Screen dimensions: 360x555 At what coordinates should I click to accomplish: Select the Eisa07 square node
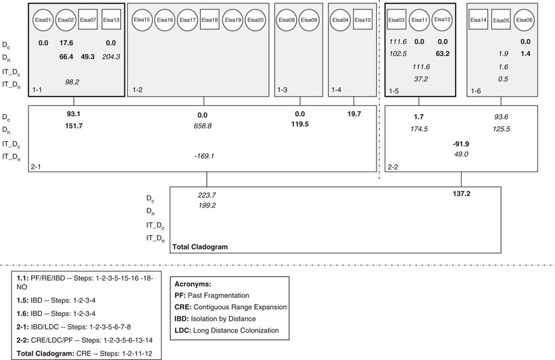89,20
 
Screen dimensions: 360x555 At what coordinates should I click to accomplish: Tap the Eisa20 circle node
256,20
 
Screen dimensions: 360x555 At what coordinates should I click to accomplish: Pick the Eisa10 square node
363,20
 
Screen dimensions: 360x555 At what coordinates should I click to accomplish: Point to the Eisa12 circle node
442,20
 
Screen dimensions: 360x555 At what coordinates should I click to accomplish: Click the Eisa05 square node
501,20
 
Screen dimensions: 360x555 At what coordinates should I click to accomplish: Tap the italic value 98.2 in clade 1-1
72,82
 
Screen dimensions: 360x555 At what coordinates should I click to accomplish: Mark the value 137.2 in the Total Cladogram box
462,194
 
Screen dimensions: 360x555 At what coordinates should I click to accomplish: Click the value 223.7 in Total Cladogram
206,195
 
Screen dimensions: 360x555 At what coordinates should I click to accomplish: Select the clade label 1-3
282,90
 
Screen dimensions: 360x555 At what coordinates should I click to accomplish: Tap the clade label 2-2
393,166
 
